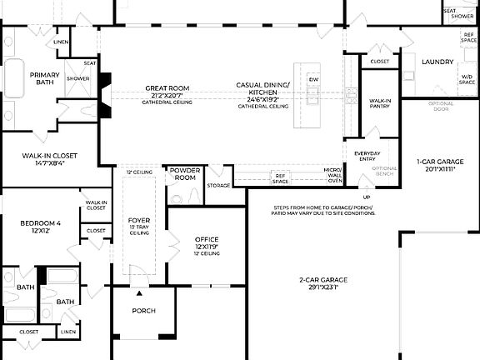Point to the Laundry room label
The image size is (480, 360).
(x=437, y=62)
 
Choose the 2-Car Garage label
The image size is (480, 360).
(x=324, y=280)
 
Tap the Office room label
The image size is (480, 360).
(x=206, y=240)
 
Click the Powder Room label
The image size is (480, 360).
(x=184, y=173)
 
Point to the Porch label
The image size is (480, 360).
(x=144, y=311)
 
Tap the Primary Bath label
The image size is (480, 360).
(x=44, y=77)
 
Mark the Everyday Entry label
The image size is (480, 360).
(x=367, y=156)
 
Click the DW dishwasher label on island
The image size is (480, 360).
(x=313, y=79)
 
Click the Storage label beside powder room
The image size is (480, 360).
(x=218, y=185)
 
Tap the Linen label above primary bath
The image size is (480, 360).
(x=61, y=42)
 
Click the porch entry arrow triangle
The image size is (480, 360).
(x=139, y=293)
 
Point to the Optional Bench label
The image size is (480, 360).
(x=384, y=171)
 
